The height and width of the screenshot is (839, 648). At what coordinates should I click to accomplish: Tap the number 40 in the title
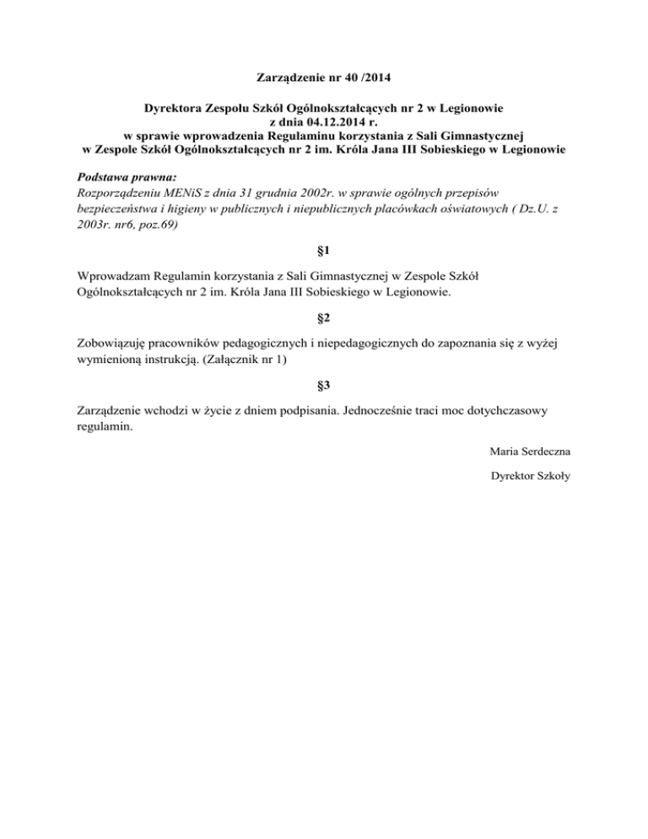coord(359,79)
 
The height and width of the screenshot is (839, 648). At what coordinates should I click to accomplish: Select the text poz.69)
coord(154,226)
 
